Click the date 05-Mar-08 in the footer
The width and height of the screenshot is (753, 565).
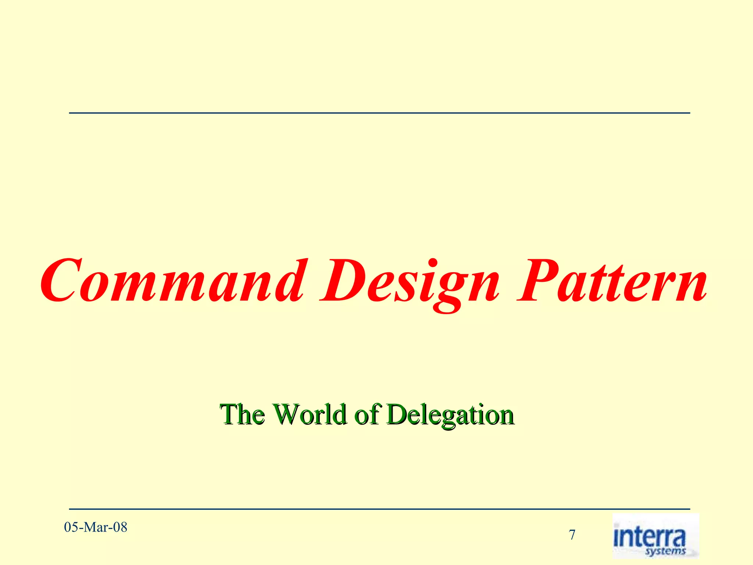coord(96,527)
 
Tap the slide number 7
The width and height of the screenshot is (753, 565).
coord(572,535)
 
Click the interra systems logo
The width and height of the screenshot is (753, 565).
coord(655,536)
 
